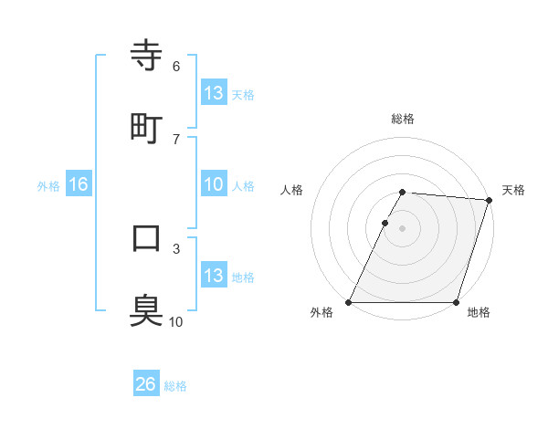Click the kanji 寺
pyautogui.click(x=147, y=57)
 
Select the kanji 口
pyautogui.click(x=147, y=238)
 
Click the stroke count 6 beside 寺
pyautogui.click(x=176, y=66)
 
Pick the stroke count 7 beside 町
pyautogui.click(x=176, y=139)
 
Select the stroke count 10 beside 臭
pyautogui.click(x=176, y=321)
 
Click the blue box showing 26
pyautogui.click(x=146, y=385)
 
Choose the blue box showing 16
pyautogui.click(x=79, y=185)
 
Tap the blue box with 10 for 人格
pyautogui.click(x=214, y=185)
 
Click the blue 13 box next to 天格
pyautogui.click(x=214, y=93)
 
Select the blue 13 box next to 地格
pyautogui.click(x=214, y=276)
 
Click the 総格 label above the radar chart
pyautogui.click(x=403, y=119)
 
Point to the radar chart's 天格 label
pyautogui.click(x=513, y=190)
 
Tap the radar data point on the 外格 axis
pyautogui.click(x=349, y=302)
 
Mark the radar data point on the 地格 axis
pyautogui.click(x=457, y=302)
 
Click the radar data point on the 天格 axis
pyautogui.click(x=490, y=200)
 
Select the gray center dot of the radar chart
pyautogui.click(x=403, y=228)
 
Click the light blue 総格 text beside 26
pyautogui.click(x=175, y=386)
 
